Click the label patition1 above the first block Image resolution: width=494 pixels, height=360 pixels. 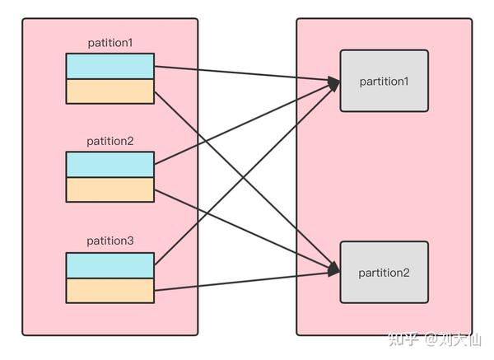110,42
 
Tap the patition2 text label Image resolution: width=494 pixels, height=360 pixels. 110,141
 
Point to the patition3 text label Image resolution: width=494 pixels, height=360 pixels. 110,241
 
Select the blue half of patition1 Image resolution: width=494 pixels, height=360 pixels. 110,66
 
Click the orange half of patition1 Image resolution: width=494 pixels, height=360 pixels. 110,91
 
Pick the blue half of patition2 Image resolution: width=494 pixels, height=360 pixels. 110,165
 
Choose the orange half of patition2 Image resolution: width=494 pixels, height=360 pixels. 110,189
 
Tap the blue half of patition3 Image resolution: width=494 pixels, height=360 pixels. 110,265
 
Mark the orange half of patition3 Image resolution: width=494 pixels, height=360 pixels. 110,290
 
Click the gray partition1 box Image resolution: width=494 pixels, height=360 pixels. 384,81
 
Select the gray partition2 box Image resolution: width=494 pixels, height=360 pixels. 384,272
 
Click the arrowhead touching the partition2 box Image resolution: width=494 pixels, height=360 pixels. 333,270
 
